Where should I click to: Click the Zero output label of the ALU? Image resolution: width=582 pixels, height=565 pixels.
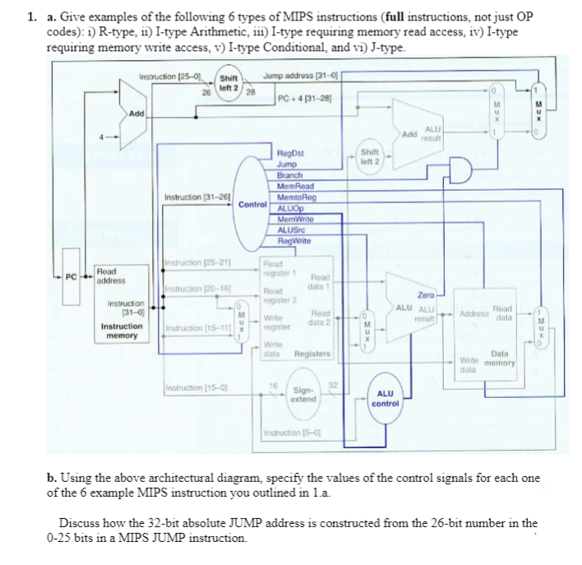[426, 294]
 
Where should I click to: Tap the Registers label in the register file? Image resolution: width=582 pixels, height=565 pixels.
[312, 353]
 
